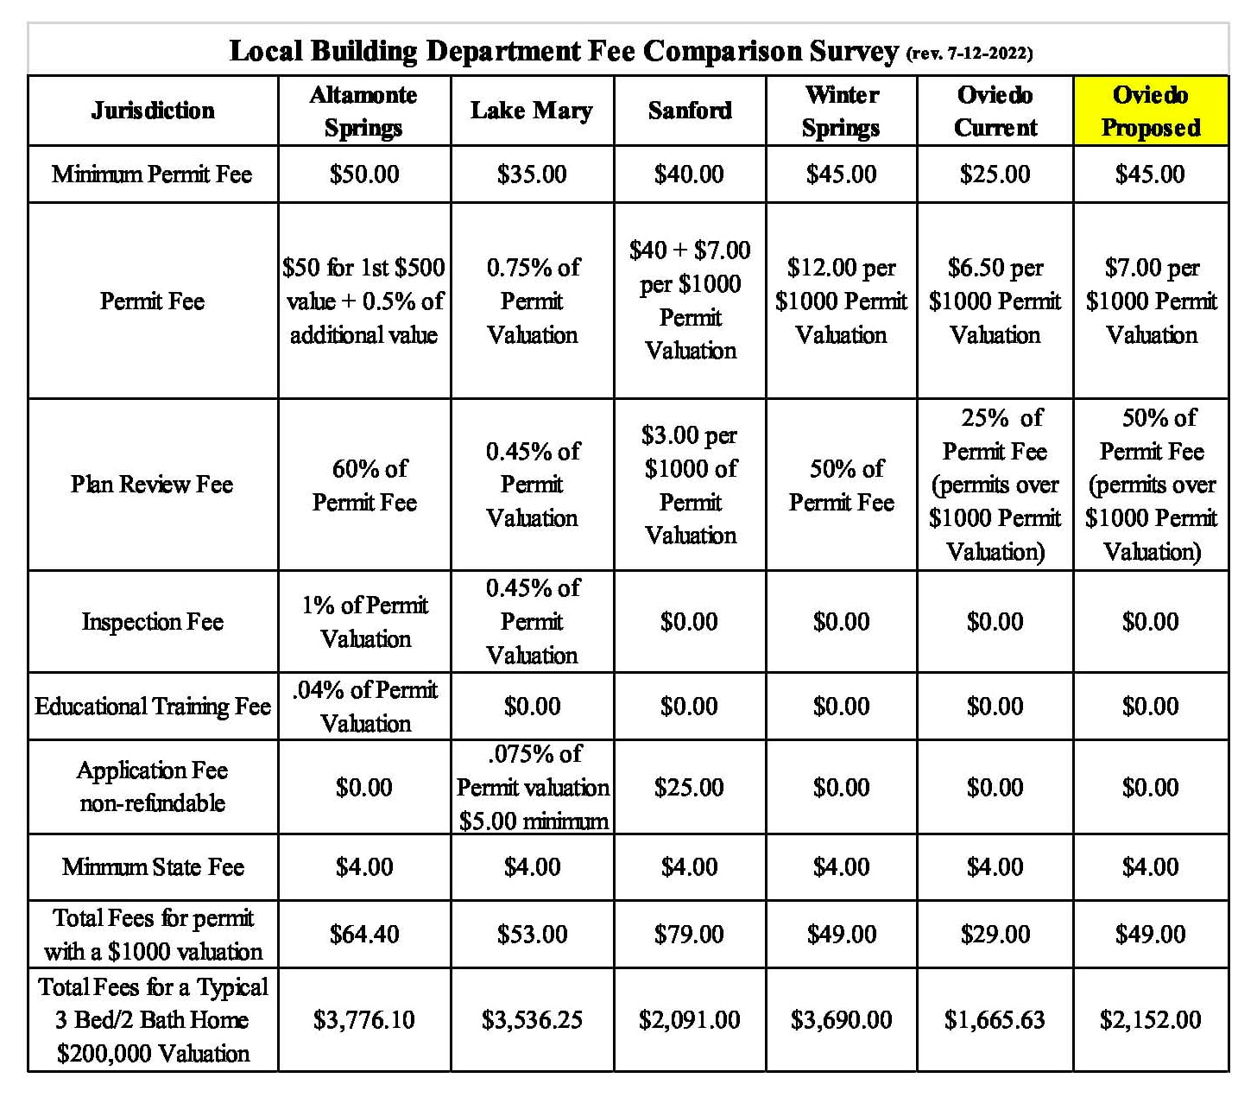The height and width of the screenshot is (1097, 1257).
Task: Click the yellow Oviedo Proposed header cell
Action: pos(1151,111)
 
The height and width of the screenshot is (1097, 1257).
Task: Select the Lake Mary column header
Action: pos(532,111)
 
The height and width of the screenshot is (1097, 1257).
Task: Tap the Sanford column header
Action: pos(690,111)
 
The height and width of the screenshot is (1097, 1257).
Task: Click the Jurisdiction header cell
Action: pos(153,111)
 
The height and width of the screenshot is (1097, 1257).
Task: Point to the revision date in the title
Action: pos(970,54)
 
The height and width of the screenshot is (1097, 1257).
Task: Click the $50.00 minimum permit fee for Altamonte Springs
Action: pos(364,174)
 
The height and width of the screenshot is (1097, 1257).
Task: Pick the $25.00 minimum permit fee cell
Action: pos(995,174)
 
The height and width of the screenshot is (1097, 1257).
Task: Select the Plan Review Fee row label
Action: pos(152,485)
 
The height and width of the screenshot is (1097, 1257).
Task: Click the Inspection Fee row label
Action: pos(153,622)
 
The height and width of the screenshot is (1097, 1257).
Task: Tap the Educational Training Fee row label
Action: pos(153,707)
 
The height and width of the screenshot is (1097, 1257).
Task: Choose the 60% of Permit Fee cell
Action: pos(364,485)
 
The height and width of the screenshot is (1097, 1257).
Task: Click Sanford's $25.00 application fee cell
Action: pos(689,788)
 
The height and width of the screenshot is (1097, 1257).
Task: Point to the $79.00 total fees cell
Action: pos(689,935)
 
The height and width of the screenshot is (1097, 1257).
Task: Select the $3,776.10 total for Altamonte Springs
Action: pos(364,1020)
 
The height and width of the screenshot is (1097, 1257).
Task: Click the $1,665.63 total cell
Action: pos(995,1020)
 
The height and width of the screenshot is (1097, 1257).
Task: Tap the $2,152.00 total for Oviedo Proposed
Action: pos(1150,1020)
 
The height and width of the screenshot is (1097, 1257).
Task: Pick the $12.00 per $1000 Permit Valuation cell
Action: pos(841,301)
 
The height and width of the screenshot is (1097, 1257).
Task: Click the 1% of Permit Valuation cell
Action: pos(364,622)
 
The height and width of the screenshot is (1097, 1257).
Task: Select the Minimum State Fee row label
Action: pos(153,867)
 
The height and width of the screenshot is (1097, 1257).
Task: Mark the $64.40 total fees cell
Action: pos(364,935)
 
